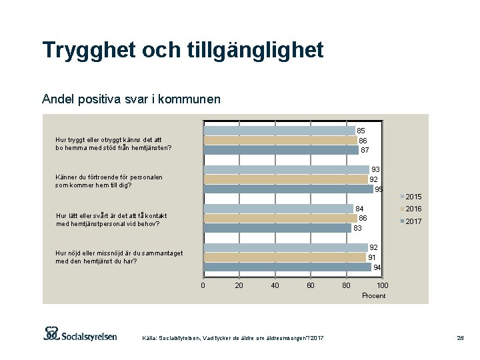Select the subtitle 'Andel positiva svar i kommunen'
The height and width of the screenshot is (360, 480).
point(131,99)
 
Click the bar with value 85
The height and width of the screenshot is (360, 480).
point(279,131)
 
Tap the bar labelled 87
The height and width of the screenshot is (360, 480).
point(281,150)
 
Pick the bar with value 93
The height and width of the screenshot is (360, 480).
point(286,169)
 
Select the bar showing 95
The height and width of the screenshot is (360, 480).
point(288,189)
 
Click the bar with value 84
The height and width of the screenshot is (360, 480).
point(278,209)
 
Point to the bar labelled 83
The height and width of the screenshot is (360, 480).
point(277,228)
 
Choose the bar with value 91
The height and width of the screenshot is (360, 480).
point(284,257)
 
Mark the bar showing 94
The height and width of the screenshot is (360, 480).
point(287,267)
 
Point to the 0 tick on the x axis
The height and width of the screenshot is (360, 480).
point(203,285)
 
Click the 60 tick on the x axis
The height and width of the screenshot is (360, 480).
point(311,285)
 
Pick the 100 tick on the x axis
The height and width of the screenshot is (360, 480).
point(382,285)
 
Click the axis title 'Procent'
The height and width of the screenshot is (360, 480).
point(373,295)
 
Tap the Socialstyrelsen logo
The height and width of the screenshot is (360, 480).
point(80,334)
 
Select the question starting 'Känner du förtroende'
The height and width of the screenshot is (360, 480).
point(109,181)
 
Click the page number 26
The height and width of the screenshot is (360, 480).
point(460,339)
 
